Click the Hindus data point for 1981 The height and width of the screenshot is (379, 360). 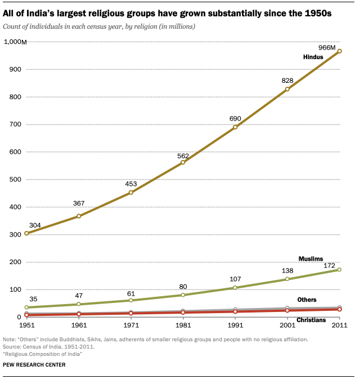[x=183, y=162]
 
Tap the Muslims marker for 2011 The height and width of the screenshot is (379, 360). [x=339, y=270]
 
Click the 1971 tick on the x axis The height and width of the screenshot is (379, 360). [x=130, y=327]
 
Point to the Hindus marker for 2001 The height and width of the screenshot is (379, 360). [x=287, y=89]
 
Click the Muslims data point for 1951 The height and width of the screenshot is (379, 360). [x=26, y=307]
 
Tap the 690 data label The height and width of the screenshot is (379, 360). [x=235, y=118]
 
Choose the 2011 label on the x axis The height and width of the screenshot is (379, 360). [x=339, y=327]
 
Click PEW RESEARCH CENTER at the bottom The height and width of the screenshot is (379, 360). [x=34, y=365]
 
